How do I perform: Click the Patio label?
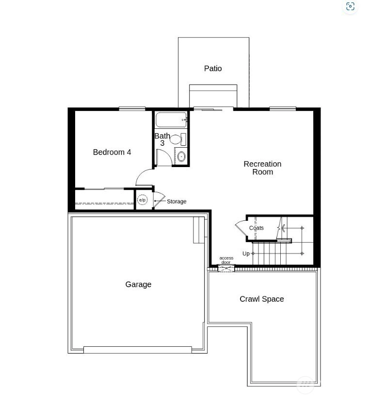click(213, 68)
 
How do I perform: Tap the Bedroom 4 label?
click(112, 152)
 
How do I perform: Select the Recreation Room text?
click(262, 168)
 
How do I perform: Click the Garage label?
click(138, 284)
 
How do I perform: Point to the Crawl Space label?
click(261, 299)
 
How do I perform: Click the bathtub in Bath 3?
click(171, 120)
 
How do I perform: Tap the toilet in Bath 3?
click(178, 139)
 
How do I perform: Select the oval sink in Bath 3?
click(181, 156)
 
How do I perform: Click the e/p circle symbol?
click(142, 200)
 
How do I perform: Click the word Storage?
click(177, 201)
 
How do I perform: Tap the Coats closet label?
click(256, 228)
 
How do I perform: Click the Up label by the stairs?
click(246, 254)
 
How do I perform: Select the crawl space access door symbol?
click(226, 268)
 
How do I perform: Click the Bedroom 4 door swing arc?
click(141, 173)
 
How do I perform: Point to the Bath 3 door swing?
click(166, 154)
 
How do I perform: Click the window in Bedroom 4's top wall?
click(132, 109)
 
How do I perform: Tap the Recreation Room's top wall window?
click(283, 109)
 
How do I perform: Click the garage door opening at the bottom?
click(137, 350)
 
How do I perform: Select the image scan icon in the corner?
click(350, 6)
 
